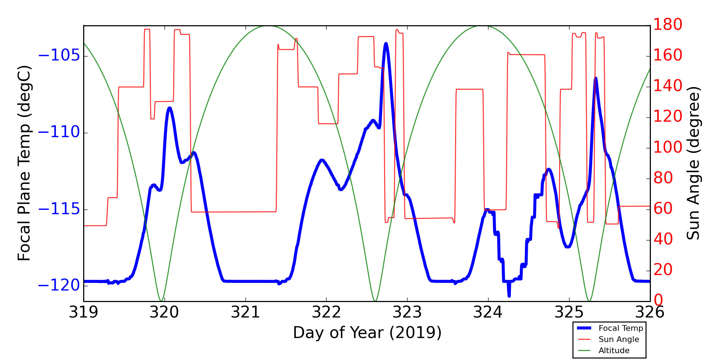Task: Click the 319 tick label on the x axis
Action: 84,312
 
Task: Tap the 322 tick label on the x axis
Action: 326,312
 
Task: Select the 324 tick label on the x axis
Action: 488,312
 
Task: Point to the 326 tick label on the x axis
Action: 650,312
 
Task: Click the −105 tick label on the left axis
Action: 59,56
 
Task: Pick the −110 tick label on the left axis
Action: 59,132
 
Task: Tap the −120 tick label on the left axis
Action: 59,286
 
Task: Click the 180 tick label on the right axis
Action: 668,25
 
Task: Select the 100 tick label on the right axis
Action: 668,148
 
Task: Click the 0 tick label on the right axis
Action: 658,300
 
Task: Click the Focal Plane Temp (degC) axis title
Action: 24,163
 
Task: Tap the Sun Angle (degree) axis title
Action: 693,163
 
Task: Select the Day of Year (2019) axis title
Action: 367,333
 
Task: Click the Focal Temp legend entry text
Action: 621,328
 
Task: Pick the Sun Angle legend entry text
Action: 619,339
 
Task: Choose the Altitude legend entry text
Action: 614,351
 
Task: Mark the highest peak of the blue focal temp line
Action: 386,44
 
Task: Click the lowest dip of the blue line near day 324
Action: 509,296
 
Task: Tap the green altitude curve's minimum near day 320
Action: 161,301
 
